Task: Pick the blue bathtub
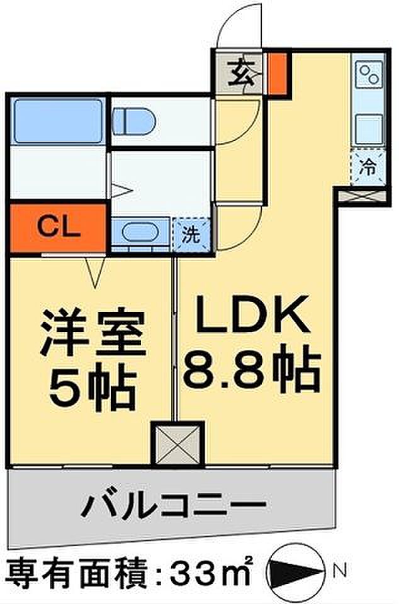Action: click(58, 120)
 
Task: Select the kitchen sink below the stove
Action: click(368, 128)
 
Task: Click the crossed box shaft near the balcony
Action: click(178, 444)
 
